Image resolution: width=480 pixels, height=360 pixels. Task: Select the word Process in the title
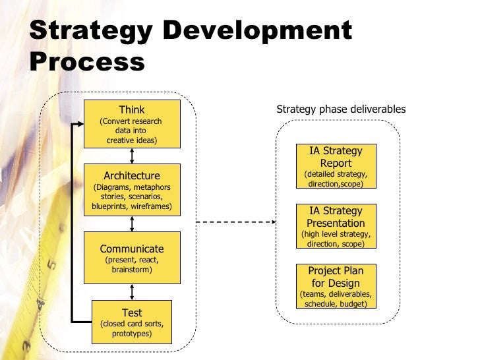[x=87, y=63]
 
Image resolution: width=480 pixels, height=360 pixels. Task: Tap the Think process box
[x=132, y=123]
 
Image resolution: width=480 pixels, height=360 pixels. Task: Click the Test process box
[x=132, y=322]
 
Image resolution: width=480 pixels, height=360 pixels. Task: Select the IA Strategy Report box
[x=336, y=166]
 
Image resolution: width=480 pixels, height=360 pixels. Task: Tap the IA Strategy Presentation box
[x=336, y=226]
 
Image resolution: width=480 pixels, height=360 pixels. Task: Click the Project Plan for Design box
[x=336, y=286]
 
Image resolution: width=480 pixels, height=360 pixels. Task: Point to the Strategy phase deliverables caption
[x=340, y=109]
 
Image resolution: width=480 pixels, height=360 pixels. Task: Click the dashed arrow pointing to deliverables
[x=234, y=222]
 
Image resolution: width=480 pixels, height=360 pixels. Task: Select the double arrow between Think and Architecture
[x=133, y=155]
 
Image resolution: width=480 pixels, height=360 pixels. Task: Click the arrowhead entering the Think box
[x=80, y=124]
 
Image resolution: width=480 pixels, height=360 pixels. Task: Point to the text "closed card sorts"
[x=132, y=324]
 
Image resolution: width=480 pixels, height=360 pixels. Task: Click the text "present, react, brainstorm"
[x=132, y=265]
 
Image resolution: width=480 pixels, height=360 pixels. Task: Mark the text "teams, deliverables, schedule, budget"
[x=336, y=299]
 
